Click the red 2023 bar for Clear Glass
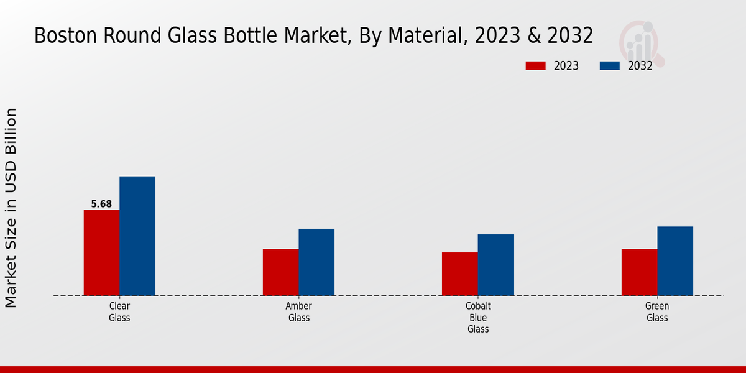101,252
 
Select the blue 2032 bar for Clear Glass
137,236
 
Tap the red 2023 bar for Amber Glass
280,272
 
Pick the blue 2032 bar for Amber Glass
316,262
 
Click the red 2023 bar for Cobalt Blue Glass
460,274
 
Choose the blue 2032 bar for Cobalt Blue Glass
496,265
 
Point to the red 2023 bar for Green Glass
639,272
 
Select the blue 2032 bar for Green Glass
675,260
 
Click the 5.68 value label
101,204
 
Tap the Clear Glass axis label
119,312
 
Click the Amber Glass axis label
298,312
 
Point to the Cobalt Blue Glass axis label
478,318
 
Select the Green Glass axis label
657,312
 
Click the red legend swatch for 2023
535,66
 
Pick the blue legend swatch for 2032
610,66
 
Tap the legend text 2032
640,66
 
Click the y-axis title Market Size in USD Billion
11,208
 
